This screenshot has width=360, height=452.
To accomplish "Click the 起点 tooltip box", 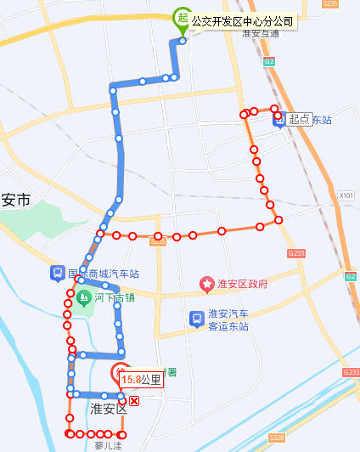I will tap(300, 120).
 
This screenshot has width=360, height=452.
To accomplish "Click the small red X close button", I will tap(134, 399).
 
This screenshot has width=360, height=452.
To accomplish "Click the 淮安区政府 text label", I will tap(242, 284).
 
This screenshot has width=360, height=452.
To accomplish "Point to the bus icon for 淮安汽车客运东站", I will tap(196, 319).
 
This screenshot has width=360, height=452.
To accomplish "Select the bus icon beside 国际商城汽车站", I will tap(57, 273).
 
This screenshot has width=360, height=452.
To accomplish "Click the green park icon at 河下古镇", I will tap(84, 297).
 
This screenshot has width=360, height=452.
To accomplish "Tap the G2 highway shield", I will tap(268, 61).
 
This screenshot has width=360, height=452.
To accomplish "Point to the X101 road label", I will tap(346, 195).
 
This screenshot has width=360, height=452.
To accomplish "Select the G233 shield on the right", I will tap(295, 253).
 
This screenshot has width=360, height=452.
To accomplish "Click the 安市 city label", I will tap(15, 201).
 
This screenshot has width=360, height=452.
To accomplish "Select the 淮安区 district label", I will tap(108, 409).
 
